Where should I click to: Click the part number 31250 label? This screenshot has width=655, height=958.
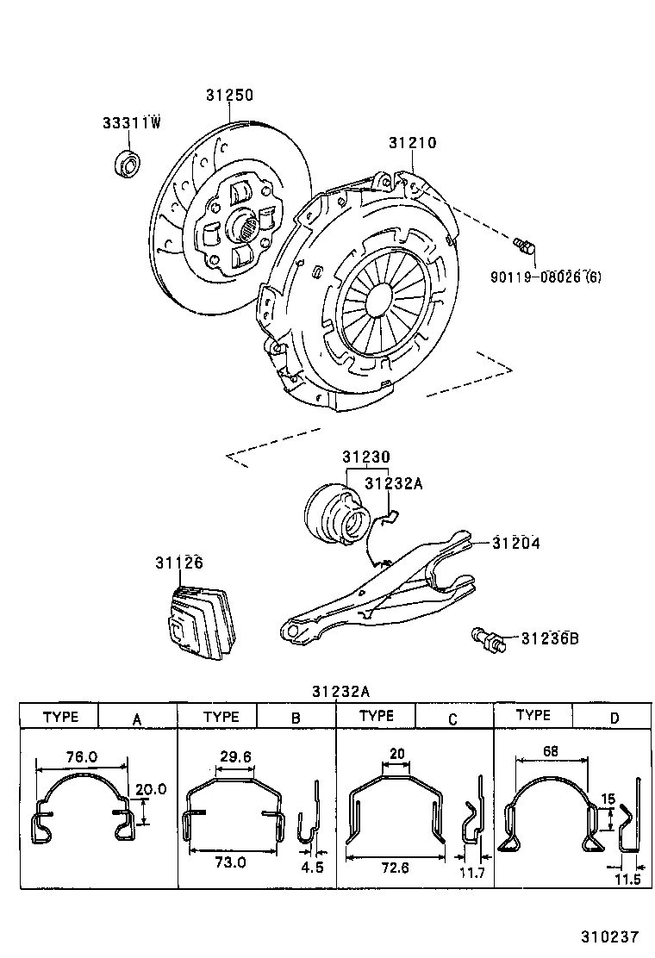point(229,96)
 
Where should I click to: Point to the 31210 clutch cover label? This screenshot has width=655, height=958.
point(412,143)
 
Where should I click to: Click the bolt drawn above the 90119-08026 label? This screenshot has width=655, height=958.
point(524,246)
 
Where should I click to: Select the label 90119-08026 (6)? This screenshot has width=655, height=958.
point(546,277)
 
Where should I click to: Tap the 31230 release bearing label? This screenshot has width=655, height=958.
point(365,457)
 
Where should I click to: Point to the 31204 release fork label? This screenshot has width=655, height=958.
point(517,544)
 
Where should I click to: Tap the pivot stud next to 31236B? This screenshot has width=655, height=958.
point(489,640)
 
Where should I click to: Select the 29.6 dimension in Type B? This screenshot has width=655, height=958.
point(235,756)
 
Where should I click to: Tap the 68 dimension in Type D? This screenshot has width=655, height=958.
point(551,750)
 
